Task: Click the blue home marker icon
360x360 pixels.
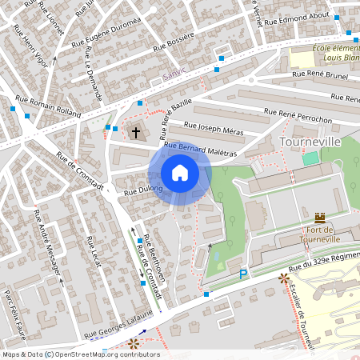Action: click(x=180, y=173)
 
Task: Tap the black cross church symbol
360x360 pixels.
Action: click(x=136, y=132)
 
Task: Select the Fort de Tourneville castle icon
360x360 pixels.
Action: click(x=321, y=218)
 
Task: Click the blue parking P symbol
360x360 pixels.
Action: click(x=244, y=275)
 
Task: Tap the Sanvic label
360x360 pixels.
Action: click(x=174, y=72)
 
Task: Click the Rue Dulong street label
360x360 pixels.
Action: click(x=143, y=191)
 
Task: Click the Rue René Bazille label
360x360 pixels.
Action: click(x=177, y=109)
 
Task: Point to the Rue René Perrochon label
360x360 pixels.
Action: click(x=306, y=117)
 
